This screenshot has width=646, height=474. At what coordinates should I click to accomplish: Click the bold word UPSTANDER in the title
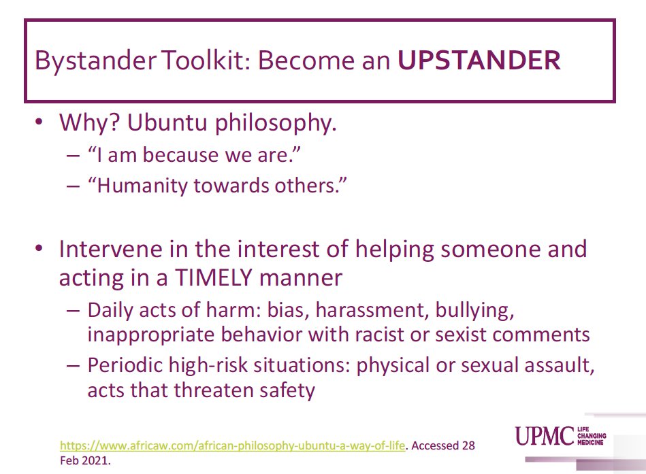pos(479,61)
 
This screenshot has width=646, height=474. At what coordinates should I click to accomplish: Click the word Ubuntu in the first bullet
pos(162,124)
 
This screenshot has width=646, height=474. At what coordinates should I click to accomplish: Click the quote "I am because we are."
pos(194,156)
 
